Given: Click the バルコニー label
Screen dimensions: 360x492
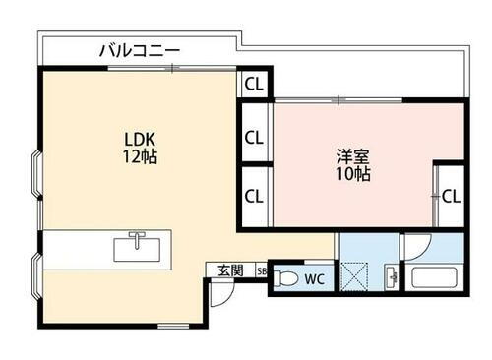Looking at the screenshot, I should (x=140, y=48).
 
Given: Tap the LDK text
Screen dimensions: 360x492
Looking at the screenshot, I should (x=137, y=138).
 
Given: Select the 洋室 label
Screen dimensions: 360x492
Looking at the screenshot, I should (x=350, y=155).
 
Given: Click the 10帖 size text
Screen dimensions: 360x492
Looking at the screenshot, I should (x=350, y=174).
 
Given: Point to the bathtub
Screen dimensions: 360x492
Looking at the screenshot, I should (x=435, y=276).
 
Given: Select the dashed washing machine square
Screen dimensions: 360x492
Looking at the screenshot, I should (x=356, y=274).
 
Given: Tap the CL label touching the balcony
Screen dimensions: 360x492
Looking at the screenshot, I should (x=254, y=84).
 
